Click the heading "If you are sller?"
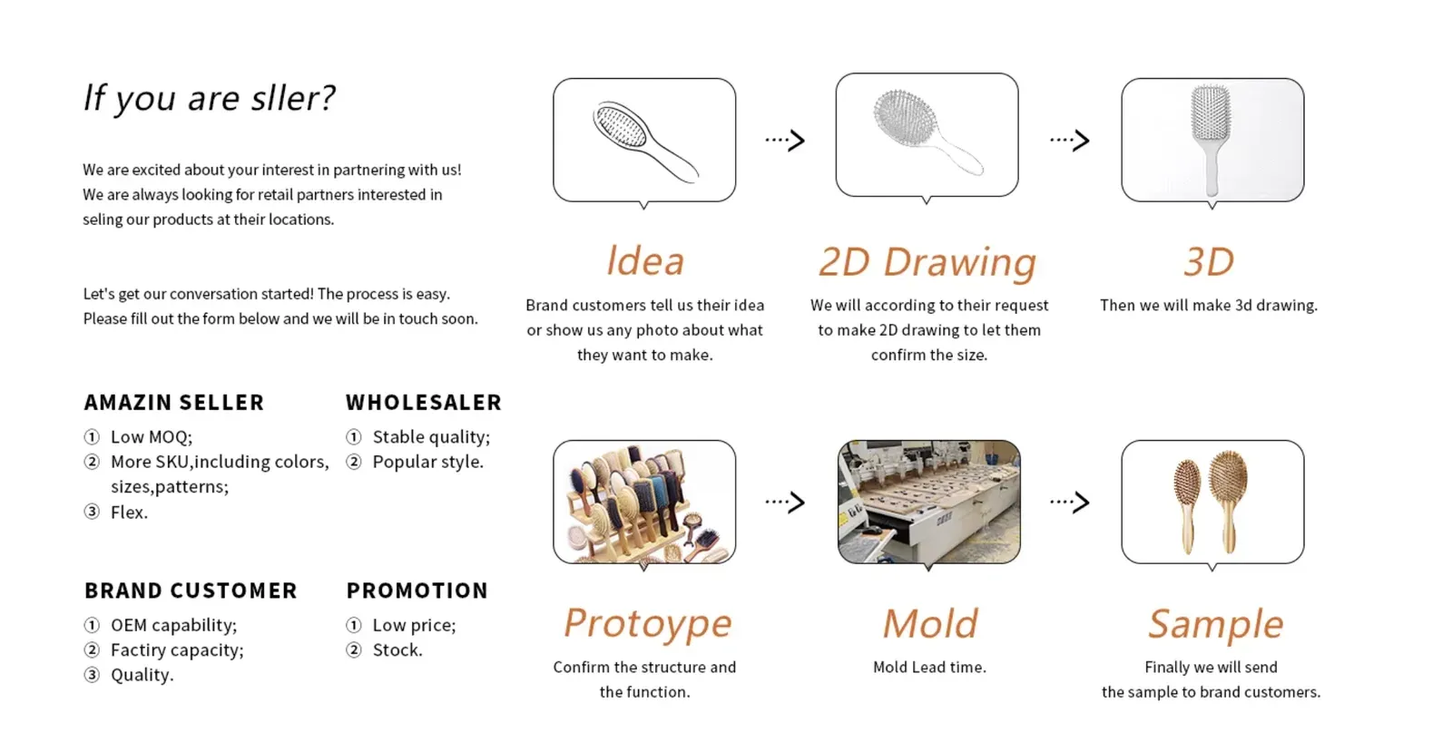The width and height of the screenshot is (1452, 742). pyautogui.click(x=209, y=99)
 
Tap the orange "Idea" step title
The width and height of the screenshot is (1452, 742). pyautogui.click(x=645, y=261)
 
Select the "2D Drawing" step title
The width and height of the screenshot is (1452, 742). pyautogui.click(x=927, y=262)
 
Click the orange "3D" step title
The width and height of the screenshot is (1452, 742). pyautogui.click(x=1209, y=262)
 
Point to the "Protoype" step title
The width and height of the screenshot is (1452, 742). pyautogui.click(x=648, y=624)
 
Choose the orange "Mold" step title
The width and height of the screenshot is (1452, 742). pyautogui.click(x=930, y=623)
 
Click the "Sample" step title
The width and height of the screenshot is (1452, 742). pyautogui.click(x=1215, y=624)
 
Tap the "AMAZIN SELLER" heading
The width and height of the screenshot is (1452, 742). pyautogui.click(x=173, y=403)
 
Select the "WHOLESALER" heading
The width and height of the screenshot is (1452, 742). pyautogui.click(x=424, y=403)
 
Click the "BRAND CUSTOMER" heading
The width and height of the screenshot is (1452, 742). pyautogui.click(x=191, y=591)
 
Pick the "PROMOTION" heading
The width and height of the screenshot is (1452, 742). pyautogui.click(x=417, y=591)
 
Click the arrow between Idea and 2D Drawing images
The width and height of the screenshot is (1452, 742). pyautogui.click(x=785, y=140)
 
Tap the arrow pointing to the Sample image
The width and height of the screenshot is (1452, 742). pyautogui.click(x=1070, y=502)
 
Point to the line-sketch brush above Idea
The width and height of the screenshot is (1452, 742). pyautogui.click(x=645, y=142)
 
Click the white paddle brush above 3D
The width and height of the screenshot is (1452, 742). pyautogui.click(x=1211, y=140)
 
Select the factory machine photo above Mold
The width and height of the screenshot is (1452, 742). pyautogui.click(x=929, y=502)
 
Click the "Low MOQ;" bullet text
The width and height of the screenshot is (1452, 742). pyautogui.click(x=152, y=437)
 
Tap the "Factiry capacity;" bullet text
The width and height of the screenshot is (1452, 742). pyautogui.click(x=177, y=650)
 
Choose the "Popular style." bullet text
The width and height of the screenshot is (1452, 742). pyautogui.click(x=427, y=462)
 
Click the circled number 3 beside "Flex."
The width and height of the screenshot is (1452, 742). pyautogui.click(x=92, y=512)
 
